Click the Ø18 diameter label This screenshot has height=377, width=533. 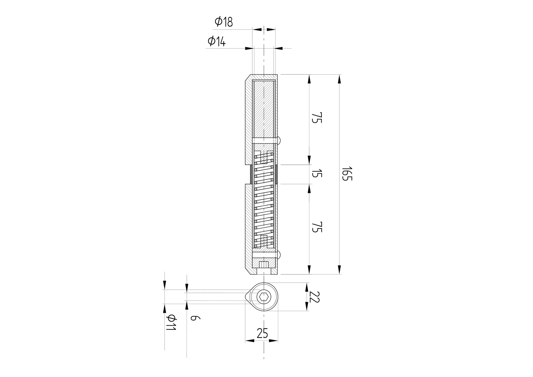224,22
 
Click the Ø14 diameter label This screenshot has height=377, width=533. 217,41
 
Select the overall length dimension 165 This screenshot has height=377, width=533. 347,173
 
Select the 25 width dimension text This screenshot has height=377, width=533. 262,334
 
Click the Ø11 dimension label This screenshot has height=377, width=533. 171,323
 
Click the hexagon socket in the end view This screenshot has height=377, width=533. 264,297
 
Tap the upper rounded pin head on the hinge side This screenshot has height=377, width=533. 279,140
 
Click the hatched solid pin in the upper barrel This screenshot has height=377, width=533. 264,108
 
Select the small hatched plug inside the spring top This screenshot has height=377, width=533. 264,158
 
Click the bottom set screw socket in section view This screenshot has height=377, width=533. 264,265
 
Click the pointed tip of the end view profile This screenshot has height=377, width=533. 246,297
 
